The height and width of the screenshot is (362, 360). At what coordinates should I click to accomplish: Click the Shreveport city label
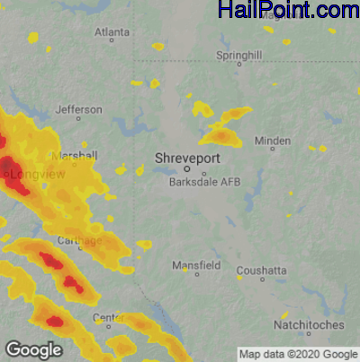click(187, 158)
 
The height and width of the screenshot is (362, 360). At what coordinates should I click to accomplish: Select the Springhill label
click(238, 56)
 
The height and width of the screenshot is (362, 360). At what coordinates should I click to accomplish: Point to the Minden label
click(273, 140)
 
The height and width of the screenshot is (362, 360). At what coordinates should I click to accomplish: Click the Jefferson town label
click(79, 110)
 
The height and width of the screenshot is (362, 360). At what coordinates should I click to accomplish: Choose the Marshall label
click(75, 156)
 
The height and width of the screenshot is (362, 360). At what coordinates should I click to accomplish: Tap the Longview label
click(39, 174)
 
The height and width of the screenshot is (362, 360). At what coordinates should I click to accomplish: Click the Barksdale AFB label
click(205, 182)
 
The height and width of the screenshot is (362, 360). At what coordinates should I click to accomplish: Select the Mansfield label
click(196, 266)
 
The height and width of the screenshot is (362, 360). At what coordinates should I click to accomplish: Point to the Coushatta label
click(262, 270)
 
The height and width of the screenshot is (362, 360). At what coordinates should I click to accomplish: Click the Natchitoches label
click(309, 324)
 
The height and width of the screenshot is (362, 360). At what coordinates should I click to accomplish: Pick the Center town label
click(109, 318)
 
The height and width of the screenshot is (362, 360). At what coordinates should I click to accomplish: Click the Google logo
click(33, 349)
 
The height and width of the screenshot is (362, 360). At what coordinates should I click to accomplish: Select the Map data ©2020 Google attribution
click(298, 353)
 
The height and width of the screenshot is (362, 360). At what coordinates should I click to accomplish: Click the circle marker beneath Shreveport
click(187, 168)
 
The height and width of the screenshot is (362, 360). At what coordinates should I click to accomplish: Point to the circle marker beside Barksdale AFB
click(203, 173)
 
